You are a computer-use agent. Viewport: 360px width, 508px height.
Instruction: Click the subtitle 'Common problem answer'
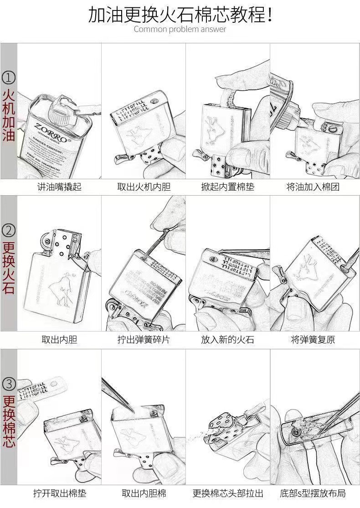click(180, 29)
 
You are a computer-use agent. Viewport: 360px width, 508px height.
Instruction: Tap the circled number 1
click(9, 78)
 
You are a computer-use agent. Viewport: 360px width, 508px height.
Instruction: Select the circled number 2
click(9, 230)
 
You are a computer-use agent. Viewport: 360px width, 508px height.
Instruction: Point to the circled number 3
click(9, 383)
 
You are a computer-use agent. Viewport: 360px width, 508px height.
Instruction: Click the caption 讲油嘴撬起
click(59, 187)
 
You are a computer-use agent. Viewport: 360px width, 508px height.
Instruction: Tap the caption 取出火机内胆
click(143, 187)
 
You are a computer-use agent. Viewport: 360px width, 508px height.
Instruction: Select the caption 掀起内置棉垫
click(227, 187)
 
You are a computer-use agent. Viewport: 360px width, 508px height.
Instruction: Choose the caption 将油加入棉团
click(313, 187)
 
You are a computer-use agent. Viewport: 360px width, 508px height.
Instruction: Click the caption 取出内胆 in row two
click(59, 340)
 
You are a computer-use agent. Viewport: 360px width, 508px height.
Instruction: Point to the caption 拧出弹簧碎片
click(143, 340)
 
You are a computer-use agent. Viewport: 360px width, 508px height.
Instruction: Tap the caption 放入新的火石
click(227, 340)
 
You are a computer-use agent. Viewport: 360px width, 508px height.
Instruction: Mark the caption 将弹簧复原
click(313, 340)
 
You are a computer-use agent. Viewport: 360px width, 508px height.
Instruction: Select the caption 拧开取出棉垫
click(59, 493)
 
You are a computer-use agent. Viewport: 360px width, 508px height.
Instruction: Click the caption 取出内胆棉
click(143, 493)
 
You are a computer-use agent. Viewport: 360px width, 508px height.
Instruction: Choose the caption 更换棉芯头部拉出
click(227, 493)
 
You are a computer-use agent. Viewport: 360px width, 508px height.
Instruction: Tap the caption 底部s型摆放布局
click(313, 493)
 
